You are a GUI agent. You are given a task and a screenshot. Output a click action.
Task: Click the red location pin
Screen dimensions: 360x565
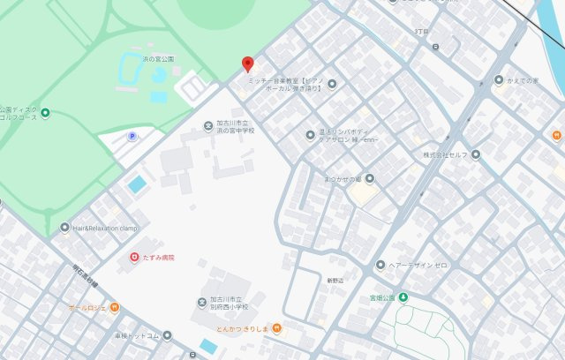point(248,64)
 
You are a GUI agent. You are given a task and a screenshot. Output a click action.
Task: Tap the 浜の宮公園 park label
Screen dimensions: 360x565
point(159,59)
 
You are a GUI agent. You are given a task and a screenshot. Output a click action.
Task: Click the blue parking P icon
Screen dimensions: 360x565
point(133,136)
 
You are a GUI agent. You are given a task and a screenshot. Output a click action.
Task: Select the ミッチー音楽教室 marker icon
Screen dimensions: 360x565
point(332,84)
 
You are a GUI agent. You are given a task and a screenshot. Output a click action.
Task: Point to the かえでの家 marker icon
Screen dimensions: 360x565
point(499,80)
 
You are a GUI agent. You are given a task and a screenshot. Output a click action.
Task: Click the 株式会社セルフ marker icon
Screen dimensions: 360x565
point(476,154)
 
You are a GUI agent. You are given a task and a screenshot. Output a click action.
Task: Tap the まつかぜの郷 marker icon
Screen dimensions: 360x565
point(370,178)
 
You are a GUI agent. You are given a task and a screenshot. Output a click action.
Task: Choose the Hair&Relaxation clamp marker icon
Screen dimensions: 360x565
point(64,227)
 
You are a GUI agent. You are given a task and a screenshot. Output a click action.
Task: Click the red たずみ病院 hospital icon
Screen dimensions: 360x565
point(134,257)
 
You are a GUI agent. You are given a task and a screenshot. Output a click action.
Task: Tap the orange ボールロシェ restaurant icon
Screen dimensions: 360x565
point(115,308)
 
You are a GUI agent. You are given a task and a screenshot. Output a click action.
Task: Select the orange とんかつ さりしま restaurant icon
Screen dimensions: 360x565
point(277,328)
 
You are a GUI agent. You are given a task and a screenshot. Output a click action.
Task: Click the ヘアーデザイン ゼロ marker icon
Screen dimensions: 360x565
point(380,265)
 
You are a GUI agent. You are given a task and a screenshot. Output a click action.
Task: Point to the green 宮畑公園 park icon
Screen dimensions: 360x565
point(403,297)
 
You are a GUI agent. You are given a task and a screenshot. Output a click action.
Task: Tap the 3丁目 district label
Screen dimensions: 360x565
point(421,32)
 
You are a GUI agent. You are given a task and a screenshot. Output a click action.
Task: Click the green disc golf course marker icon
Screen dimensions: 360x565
point(45,112)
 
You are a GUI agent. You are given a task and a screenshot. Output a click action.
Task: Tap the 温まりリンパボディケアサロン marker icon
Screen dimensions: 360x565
point(310,135)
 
